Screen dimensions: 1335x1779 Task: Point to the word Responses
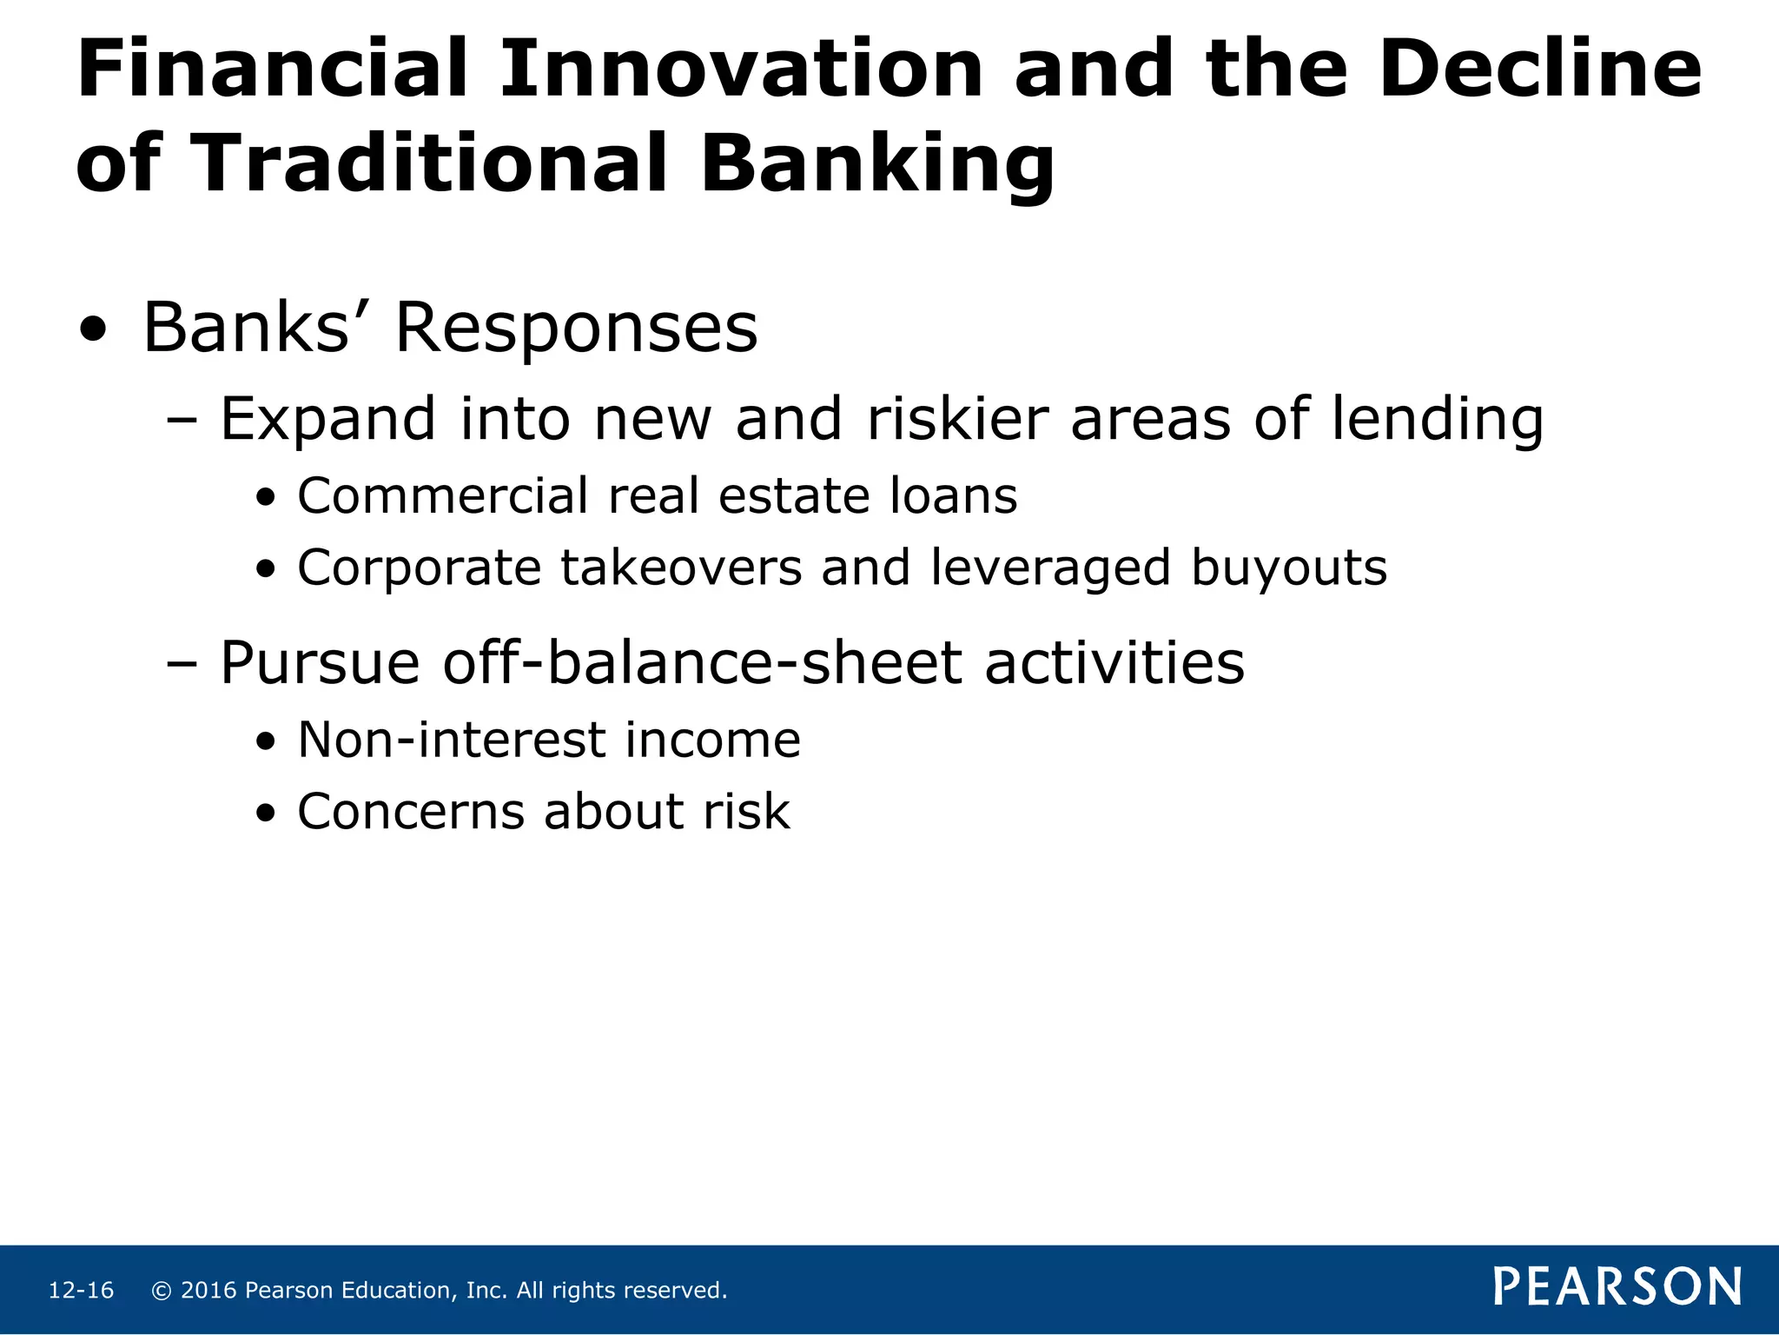point(576,328)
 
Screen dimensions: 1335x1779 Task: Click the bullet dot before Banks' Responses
point(93,330)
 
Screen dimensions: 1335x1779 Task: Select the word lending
point(1438,419)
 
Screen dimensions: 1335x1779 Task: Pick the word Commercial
point(443,495)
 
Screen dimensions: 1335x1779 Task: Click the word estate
point(795,495)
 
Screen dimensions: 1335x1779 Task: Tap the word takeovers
point(681,568)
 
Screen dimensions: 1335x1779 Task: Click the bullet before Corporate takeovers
point(267,570)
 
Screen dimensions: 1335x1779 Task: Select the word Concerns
point(412,812)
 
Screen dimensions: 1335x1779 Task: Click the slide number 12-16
point(81,1291)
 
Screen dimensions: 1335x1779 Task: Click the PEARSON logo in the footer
point(1617,1286)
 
